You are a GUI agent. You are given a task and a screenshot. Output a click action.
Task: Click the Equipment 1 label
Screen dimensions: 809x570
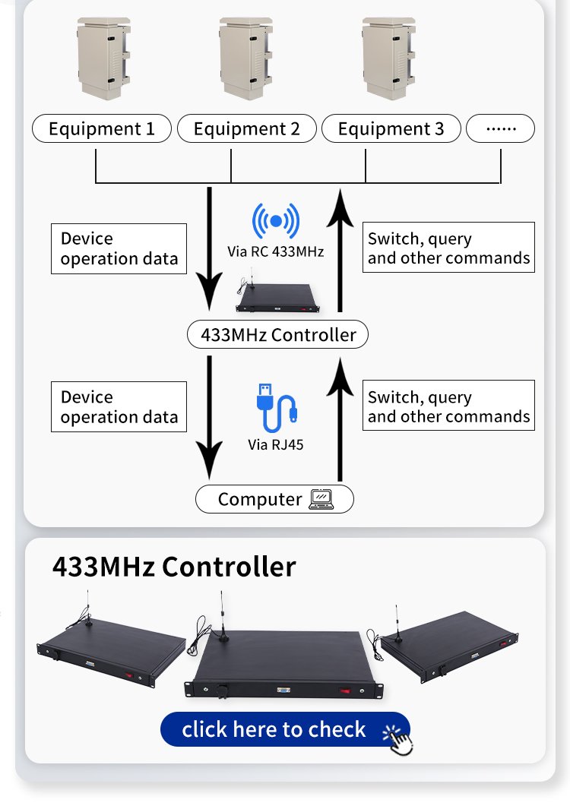click(x=101, y=129)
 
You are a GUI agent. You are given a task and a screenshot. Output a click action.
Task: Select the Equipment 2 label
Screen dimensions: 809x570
click(x=246, y=129)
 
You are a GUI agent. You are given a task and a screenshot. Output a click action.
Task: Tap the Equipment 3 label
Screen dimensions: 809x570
click(x=391, y=129)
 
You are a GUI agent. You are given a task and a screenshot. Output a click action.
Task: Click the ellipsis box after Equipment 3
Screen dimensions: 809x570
click(x=500, y=129)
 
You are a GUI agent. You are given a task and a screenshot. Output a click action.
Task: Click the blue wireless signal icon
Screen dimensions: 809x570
click(x=276, y=221)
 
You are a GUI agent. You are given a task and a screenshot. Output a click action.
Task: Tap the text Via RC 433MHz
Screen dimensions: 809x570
click(x=276, y=251)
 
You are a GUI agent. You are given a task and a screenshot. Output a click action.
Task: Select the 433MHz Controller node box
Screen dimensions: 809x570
click(x=277, y=334)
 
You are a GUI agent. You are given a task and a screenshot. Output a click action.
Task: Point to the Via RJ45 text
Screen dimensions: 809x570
click(x=275, y=444)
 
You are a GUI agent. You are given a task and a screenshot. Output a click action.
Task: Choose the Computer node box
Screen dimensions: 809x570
click(x=274, y=499)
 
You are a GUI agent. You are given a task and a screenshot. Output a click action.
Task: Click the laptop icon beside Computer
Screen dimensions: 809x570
click(x=321, y=499)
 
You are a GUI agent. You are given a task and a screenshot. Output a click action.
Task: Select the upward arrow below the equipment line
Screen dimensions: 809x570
click(x=340, y=251)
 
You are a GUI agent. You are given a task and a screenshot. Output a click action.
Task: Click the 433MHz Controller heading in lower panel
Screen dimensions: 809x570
click(x=173, y=567)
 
